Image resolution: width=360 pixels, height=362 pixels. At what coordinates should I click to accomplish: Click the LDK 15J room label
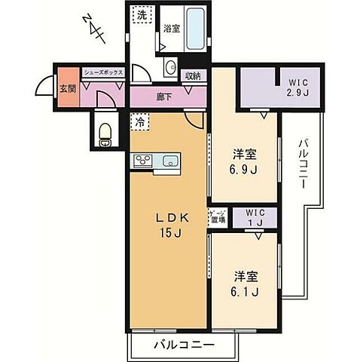click(169, 225)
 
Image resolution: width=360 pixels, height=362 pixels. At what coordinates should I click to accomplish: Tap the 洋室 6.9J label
click(244, 161)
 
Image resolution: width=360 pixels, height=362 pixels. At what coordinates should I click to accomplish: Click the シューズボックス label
click(102, 72)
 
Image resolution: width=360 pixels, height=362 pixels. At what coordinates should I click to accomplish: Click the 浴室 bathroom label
click(172, 29)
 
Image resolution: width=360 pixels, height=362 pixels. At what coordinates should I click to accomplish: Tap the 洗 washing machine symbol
click(142, 15)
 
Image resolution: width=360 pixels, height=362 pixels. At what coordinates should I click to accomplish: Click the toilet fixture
click(105, 136)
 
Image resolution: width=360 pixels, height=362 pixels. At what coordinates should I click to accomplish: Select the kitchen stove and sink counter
click(155, 160)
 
